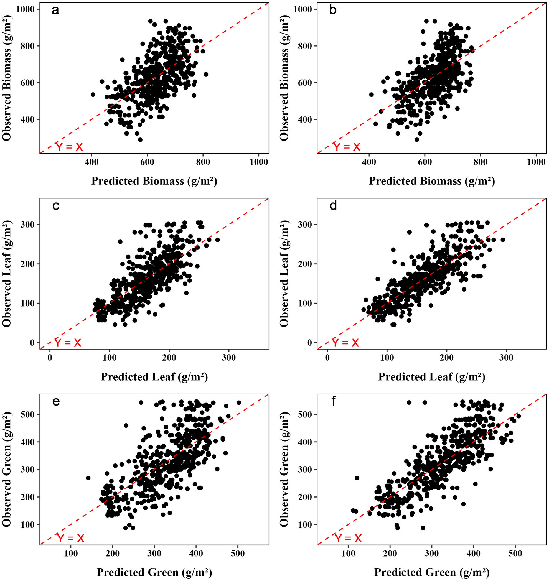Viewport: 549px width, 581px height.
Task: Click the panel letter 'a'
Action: tap(55, 11)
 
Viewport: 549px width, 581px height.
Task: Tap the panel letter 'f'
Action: tap(333, 401)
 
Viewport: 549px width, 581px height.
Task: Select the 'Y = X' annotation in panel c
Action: tap(68, 342)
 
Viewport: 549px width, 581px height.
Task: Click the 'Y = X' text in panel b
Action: tap(347, 147)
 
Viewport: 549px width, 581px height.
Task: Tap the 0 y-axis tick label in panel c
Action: tap(32, 343)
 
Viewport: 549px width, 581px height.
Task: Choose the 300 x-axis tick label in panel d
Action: tap(506, 358)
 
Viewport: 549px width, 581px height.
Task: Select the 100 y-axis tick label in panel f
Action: tap(304, 524)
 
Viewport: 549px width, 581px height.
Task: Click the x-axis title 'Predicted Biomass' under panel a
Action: tap(154, 181)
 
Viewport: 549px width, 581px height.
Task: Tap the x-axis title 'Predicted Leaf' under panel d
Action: tap(432, 377)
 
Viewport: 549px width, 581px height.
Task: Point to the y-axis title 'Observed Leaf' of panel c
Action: tap(7, 274)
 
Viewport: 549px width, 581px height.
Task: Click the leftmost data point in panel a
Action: tap(93, 95)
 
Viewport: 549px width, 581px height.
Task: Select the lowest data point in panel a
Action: tap(140, 139)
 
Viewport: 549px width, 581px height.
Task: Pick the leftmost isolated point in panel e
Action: tap(88, 478)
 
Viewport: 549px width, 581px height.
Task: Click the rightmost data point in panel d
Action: tap(503, 240)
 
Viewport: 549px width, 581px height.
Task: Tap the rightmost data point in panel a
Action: tap(206, 74)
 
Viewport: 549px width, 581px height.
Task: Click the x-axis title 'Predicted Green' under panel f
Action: tap(432, 572)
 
